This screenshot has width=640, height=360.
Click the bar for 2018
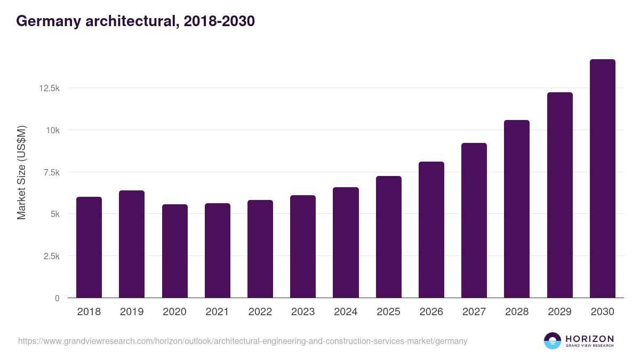click(89, 247)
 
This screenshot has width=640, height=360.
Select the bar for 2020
click(175, 251)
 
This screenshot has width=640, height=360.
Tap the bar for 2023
click(303, 246)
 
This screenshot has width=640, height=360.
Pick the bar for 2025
click(388, 237)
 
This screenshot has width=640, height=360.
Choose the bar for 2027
click(474, 220)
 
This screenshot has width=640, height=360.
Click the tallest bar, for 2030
click(602, 179)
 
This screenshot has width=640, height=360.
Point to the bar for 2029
click(559, 195)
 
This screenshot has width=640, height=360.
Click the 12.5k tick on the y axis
click(49, 88)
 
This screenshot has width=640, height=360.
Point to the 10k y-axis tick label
click(52, 130)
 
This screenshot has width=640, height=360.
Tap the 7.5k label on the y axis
click(51, 172)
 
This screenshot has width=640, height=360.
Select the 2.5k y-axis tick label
click(51, 256)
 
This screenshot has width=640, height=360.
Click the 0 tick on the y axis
click(57, 298)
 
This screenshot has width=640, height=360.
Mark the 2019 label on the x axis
click(132, 312)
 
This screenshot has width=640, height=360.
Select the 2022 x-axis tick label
click(260, 312)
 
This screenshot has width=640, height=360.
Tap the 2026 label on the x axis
click(431, 312)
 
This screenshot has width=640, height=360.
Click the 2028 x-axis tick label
click(517, 312)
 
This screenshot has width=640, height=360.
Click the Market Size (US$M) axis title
click(21, 172)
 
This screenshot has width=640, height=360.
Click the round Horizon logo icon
click(553, 341)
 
